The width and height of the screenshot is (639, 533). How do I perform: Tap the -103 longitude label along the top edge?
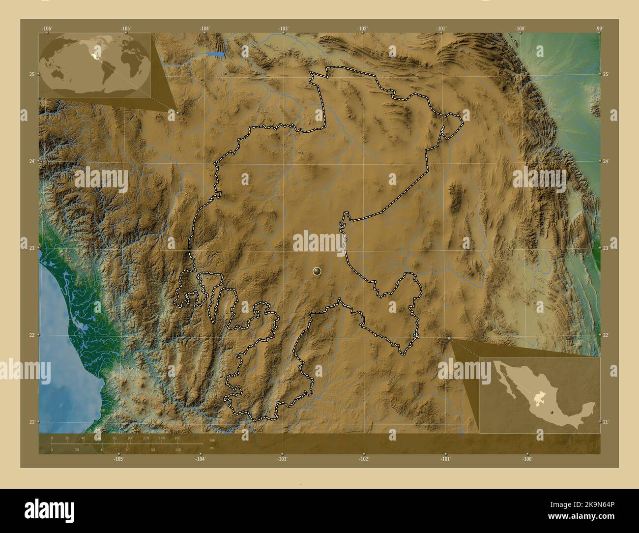point(283,29)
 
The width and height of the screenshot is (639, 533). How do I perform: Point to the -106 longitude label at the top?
point(47,29)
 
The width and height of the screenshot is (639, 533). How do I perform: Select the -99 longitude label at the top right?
point(599,29)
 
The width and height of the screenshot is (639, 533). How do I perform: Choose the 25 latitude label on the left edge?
point(31,74)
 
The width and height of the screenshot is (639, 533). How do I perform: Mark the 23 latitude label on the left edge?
point(31,248)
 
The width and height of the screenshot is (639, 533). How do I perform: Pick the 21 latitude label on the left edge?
point(31,422)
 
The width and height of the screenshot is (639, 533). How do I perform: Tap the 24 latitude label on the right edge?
point(606,161)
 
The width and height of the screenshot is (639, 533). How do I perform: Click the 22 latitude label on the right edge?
point(606,335)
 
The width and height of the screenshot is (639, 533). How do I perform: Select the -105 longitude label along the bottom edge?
point(118,459)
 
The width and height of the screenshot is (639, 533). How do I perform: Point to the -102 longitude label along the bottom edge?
point(364,459)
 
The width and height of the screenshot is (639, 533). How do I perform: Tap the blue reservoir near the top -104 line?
point(217,54)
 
